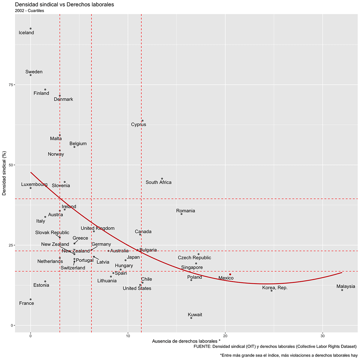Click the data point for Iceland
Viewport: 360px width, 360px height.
point(31,28)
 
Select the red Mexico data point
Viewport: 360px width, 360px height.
point(230,274)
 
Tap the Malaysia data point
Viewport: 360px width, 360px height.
point(342,290)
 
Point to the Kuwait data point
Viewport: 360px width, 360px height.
point(191,318)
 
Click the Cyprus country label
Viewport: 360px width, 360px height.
point(139,124)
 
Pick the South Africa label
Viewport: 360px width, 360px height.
point(158,182)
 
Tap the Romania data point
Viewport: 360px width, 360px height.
point(181,214)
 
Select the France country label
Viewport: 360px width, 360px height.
point(26,303)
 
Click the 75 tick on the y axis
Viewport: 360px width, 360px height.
point(10,85)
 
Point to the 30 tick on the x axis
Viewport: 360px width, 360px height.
point(322,335)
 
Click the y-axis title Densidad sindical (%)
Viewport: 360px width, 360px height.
point(4,174)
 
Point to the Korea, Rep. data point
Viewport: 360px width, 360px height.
point(271,290)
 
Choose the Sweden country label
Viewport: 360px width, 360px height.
point(34,72)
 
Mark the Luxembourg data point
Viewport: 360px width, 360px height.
point(31,188)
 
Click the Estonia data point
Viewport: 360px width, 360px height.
point(45,281)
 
